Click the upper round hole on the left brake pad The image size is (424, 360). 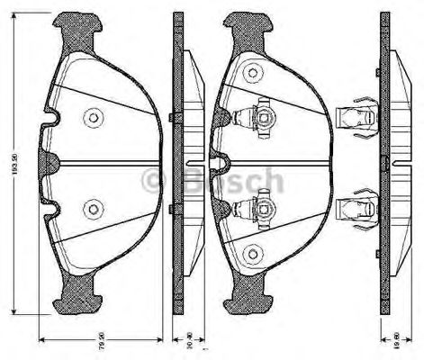tap(91, 117)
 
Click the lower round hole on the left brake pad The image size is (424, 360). tap(91, 209)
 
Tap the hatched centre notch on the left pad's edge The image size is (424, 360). tap(50, 163)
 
